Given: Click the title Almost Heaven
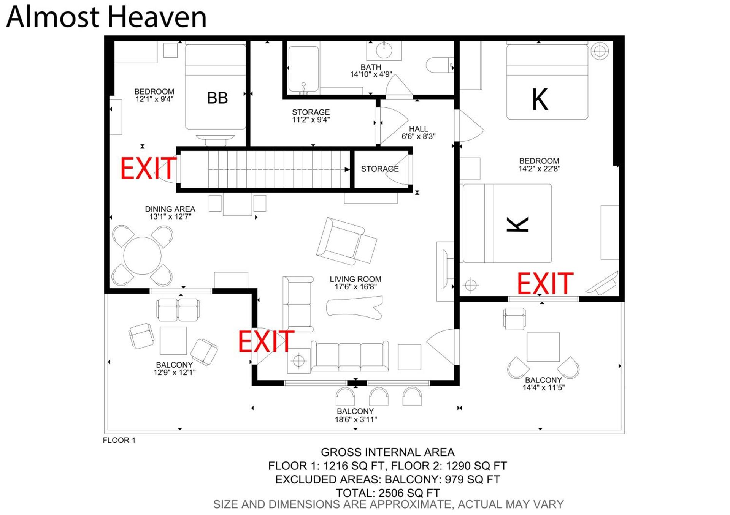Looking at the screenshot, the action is tap(106, 17).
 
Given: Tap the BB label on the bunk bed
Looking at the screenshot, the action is tap(217, 98).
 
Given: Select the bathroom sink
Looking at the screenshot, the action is tap(384, 51).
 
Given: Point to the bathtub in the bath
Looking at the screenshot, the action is tap(303, 69).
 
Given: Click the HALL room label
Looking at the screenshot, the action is tap(419, 129).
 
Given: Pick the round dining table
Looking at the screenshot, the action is tap(143, 256).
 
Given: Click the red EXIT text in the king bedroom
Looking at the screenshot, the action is tap(545, 283).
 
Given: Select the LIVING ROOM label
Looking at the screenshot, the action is tap(355, 279).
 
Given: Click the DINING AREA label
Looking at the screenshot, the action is tap(170, 209).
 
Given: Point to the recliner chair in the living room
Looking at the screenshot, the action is tap(346, 242).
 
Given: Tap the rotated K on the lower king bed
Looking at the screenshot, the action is tap(518, 224).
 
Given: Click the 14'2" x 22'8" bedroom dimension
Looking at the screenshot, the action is tap(539, 169).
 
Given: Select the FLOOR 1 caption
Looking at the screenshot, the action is tap(119, 440).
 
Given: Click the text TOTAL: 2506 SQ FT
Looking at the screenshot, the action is tap(388, 493).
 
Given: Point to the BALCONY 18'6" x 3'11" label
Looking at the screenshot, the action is tap(355, 415).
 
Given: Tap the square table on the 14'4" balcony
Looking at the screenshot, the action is tap(543, 347).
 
